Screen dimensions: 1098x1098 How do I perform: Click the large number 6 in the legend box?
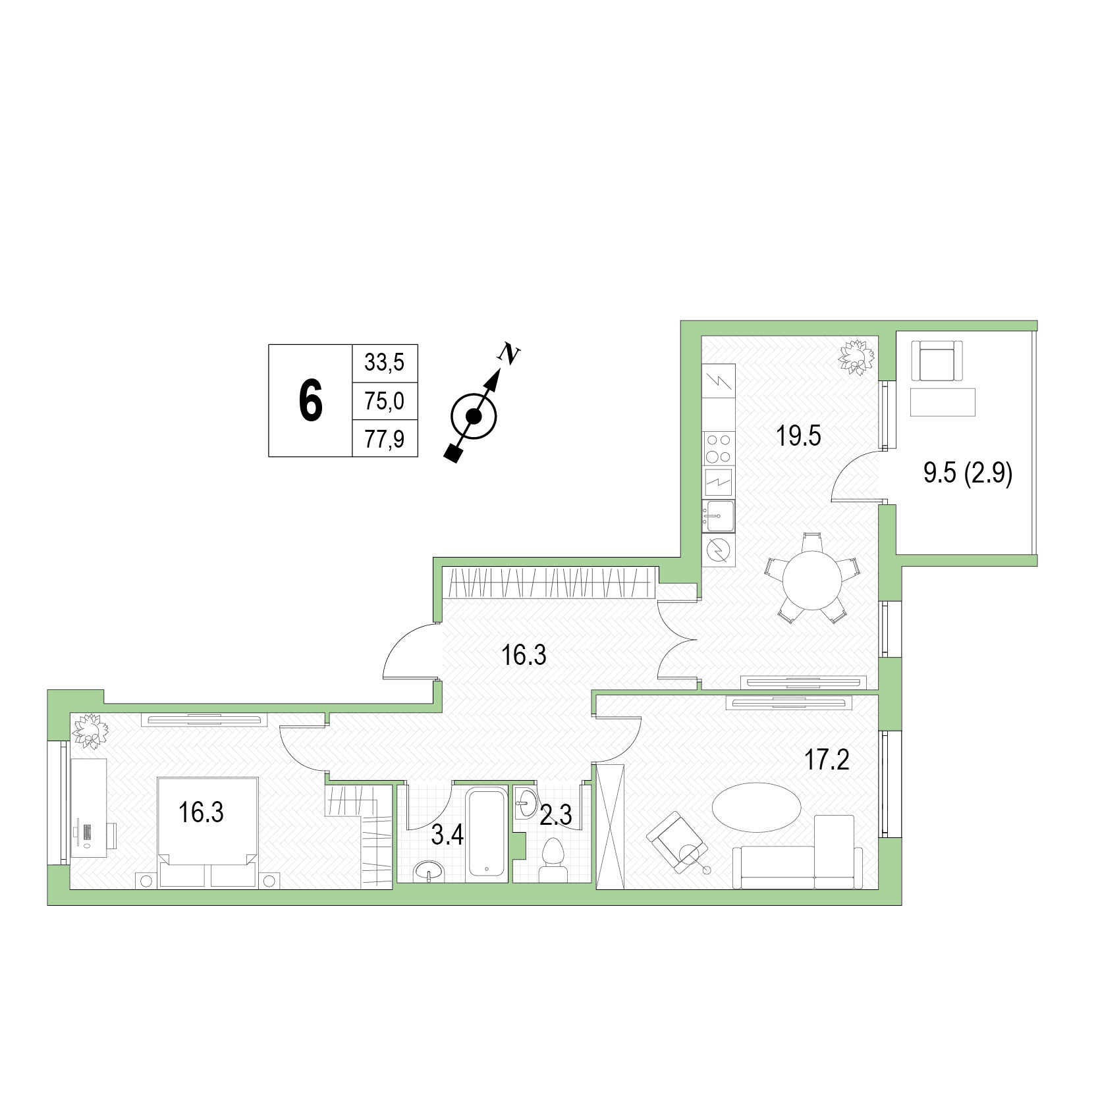coord(311,401)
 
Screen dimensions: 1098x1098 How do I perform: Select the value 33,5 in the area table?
coord(385,363)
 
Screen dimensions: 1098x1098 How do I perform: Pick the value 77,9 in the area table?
coord(385,438)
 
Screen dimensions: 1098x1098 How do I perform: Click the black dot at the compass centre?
coord(473,416)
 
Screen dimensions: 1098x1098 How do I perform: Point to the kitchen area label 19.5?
coord(798,436)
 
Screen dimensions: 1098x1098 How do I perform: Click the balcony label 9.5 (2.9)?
coord(968,473)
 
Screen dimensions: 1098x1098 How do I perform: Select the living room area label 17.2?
coord(827,760)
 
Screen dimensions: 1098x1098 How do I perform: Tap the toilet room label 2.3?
coord(555,816)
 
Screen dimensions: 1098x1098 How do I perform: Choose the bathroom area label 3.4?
coord(447,835)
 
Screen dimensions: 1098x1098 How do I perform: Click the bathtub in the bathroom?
coord(487,833)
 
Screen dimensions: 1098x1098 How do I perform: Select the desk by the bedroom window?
coord(89,808)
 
